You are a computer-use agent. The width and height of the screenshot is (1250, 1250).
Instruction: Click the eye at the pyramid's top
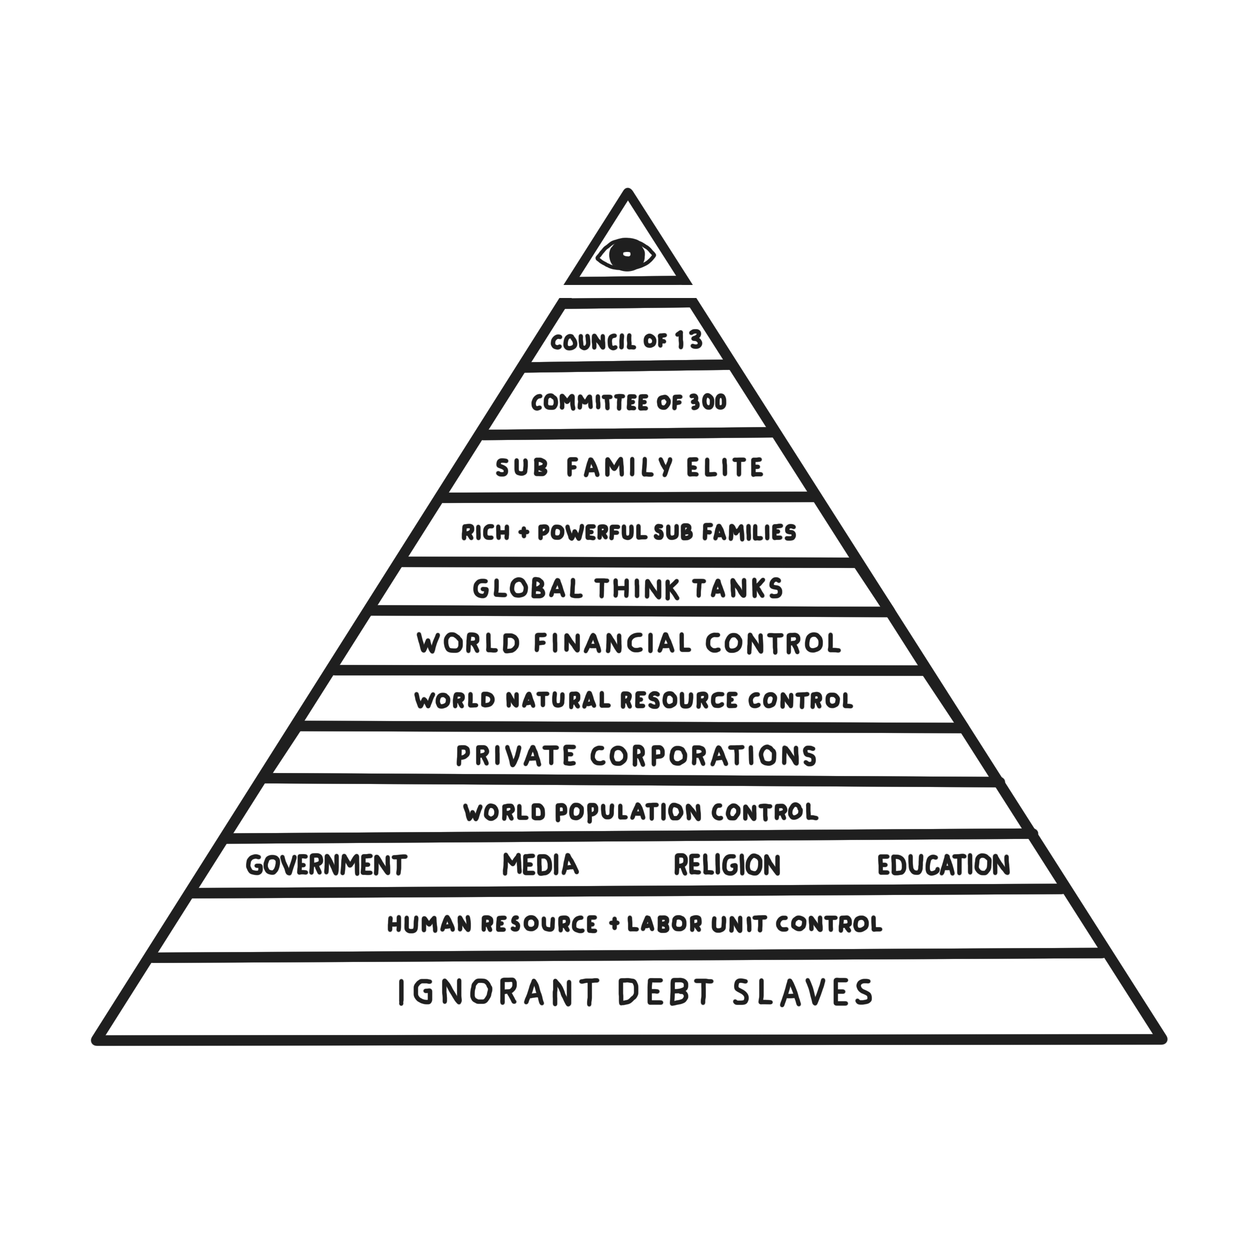point(625,254)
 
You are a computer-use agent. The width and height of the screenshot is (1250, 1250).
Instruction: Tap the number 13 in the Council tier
point(688,339)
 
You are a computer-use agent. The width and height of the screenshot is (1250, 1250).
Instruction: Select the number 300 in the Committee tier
point(708,402)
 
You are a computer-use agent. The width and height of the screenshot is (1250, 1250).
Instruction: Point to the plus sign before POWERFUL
point(523,533)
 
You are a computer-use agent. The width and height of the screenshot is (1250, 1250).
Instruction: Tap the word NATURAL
point(557,700)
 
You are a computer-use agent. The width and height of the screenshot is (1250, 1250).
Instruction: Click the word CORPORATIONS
point(703,755)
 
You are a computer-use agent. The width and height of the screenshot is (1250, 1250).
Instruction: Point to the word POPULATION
point(628,812)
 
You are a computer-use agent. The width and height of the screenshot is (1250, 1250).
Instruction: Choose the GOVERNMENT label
point(326,865)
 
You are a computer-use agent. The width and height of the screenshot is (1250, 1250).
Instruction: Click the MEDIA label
point(540,865)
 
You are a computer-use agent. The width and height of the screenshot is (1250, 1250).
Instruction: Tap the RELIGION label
point(727,865)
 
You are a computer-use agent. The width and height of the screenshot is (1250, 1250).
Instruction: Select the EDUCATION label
point(943,865)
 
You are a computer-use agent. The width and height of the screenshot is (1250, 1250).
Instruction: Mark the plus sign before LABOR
point(614,924)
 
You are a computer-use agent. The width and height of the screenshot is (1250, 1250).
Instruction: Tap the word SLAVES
point(803,992)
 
